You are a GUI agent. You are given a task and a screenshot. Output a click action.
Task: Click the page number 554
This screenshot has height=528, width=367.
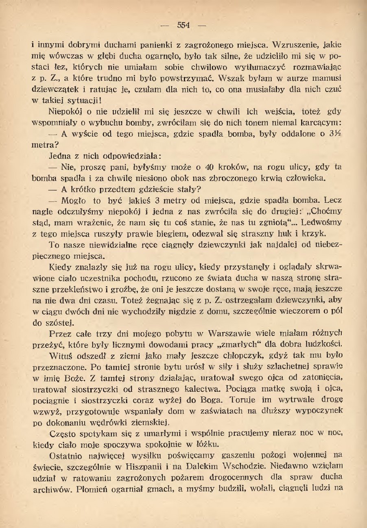click(x=183, y=25)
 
